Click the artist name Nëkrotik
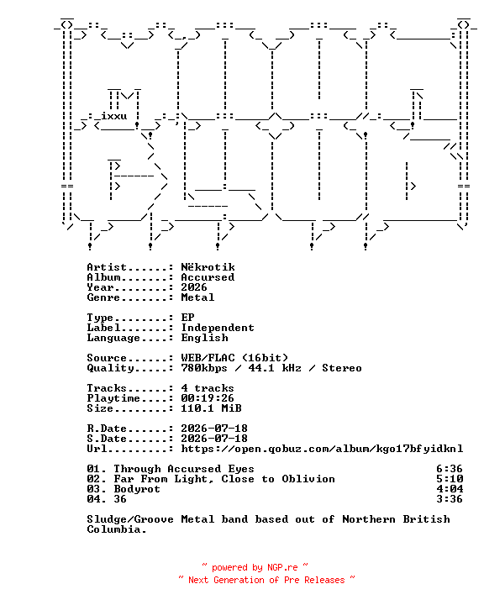click(208, 267)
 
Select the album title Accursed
click(208, 277)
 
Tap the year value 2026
click(194, 287)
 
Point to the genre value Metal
click(197, 297)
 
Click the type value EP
click(187, 318)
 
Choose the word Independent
click(218, 328)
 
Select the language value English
click(204, 338)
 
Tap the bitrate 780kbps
click(204, 368)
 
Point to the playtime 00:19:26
click(208, 398)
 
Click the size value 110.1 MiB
click(211, 408)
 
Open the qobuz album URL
click(322, 449)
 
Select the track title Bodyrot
click(137, 489)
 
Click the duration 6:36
click(450, 469)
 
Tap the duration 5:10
click(450, 479)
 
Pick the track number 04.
click(93, 499)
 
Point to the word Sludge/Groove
click(130, 519)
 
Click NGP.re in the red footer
click(282, 567)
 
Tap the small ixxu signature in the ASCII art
click(114, 116)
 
